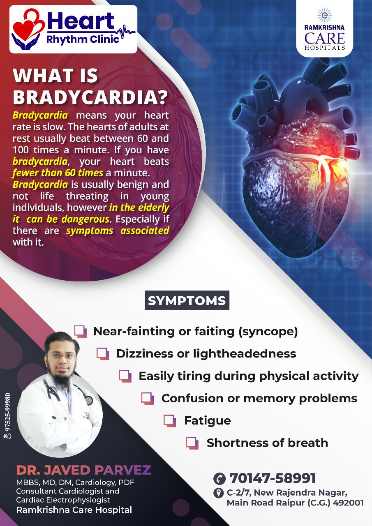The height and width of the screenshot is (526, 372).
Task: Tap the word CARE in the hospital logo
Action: pyautogui.click(x=325, y=38)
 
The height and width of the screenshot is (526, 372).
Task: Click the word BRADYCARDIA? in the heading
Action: pyautogui.click(x=90, y=97)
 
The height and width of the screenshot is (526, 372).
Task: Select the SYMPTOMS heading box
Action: pyautogui.click(x=187, y=300)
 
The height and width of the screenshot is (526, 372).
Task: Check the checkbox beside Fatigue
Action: pyautogui.click(x=170, y=420)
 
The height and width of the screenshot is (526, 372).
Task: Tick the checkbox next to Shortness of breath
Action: pyautogui.click(x=192, y=443)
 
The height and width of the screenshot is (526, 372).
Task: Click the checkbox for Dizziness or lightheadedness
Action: pyautogui.click(x=103, y=354)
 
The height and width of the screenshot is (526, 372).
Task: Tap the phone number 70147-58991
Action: pyautogui.click(x=273, y=478)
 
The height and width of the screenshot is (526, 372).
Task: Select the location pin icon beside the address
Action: pyautogui.click(x=218, y=493)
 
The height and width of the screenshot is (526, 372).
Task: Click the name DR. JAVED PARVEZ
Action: pyautogui.click(x=83, y=470)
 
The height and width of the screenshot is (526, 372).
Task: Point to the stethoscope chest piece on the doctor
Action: pyautogui.click(x=89, y=401)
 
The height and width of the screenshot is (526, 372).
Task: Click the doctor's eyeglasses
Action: pyautogui.click(x=60, y=356)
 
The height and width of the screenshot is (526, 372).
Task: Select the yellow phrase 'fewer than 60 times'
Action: pyautogui.click(x=58, y=173)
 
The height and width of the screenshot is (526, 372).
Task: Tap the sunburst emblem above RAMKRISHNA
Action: pyautogui.click(x=325, y=15)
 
